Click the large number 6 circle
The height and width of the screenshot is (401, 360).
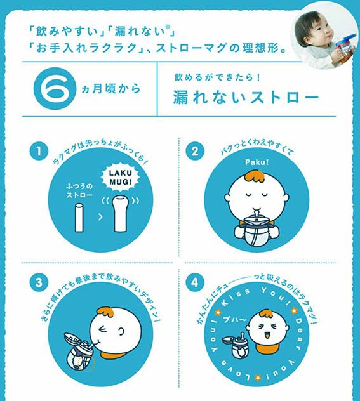pos(55,88)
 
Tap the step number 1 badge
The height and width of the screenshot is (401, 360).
pos(39,151)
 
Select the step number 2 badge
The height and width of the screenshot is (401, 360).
pos(195,151)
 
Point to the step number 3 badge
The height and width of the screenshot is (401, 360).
pos(39,282)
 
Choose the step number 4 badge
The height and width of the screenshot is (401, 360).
pos(195,282)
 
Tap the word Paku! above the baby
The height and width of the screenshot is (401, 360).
pos(257,162)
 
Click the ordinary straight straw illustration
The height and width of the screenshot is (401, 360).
pos(79,218)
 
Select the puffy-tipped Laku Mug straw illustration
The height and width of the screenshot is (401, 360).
pos(121,214)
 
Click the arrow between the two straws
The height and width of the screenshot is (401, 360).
pos(100,217)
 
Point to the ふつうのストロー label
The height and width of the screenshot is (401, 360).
pos(79,191)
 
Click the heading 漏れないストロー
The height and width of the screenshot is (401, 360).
pos(246,97)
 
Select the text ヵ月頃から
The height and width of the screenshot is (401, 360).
pos(110,89)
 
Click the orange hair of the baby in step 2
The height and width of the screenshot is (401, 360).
pos(255,176)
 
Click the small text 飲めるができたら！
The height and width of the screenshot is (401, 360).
pos(217,77)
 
